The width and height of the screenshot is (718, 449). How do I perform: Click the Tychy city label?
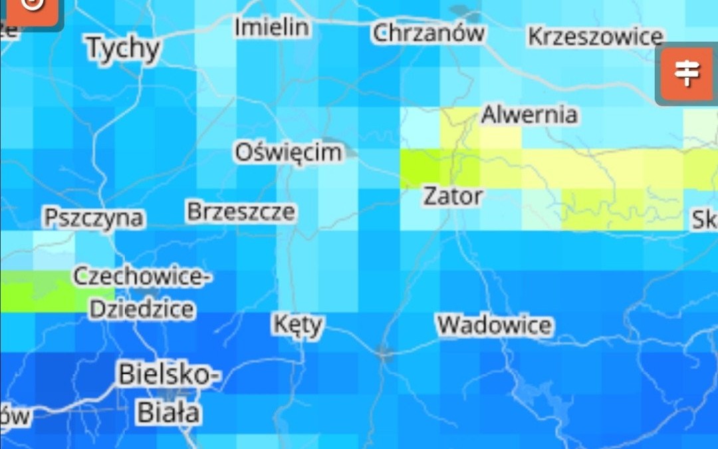tap(124, 49)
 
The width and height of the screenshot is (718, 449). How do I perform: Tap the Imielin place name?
tap(271, 27)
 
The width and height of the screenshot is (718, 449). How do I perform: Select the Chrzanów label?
tap(428, 33)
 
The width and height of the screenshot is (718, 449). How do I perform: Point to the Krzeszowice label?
tap(596, 37)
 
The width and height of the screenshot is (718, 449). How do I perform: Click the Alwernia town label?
tap(529, 114)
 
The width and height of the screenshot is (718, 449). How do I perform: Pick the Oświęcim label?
tap(289, 152)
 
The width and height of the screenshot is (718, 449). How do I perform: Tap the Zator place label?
tap(453, 196)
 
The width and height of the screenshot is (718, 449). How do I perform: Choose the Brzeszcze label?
tap(241, 212)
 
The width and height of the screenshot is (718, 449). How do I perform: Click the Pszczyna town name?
tap(93, 218)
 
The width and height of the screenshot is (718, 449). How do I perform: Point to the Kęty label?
tap(299, 325)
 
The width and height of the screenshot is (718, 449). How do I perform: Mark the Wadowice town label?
tap(494, 325)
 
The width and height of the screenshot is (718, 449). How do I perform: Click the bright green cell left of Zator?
tap(420, 168)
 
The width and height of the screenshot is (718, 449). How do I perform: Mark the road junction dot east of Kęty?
tap(383, 353)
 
